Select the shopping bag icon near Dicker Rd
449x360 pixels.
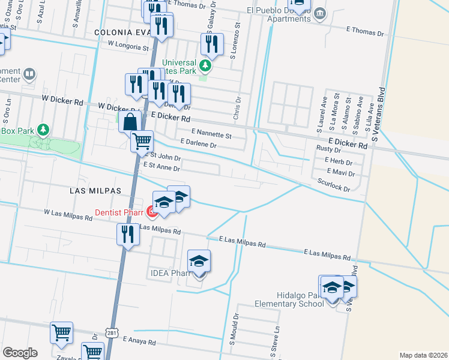click(129, 122)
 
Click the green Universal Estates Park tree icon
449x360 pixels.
click(206, 64)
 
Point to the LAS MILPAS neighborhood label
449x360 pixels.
click(95, 190)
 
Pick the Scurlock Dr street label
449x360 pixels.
click(334, 188)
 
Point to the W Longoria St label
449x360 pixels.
click(128, 46)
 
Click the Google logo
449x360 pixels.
click(20, 352)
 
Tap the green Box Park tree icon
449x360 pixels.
click(43, 130)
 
